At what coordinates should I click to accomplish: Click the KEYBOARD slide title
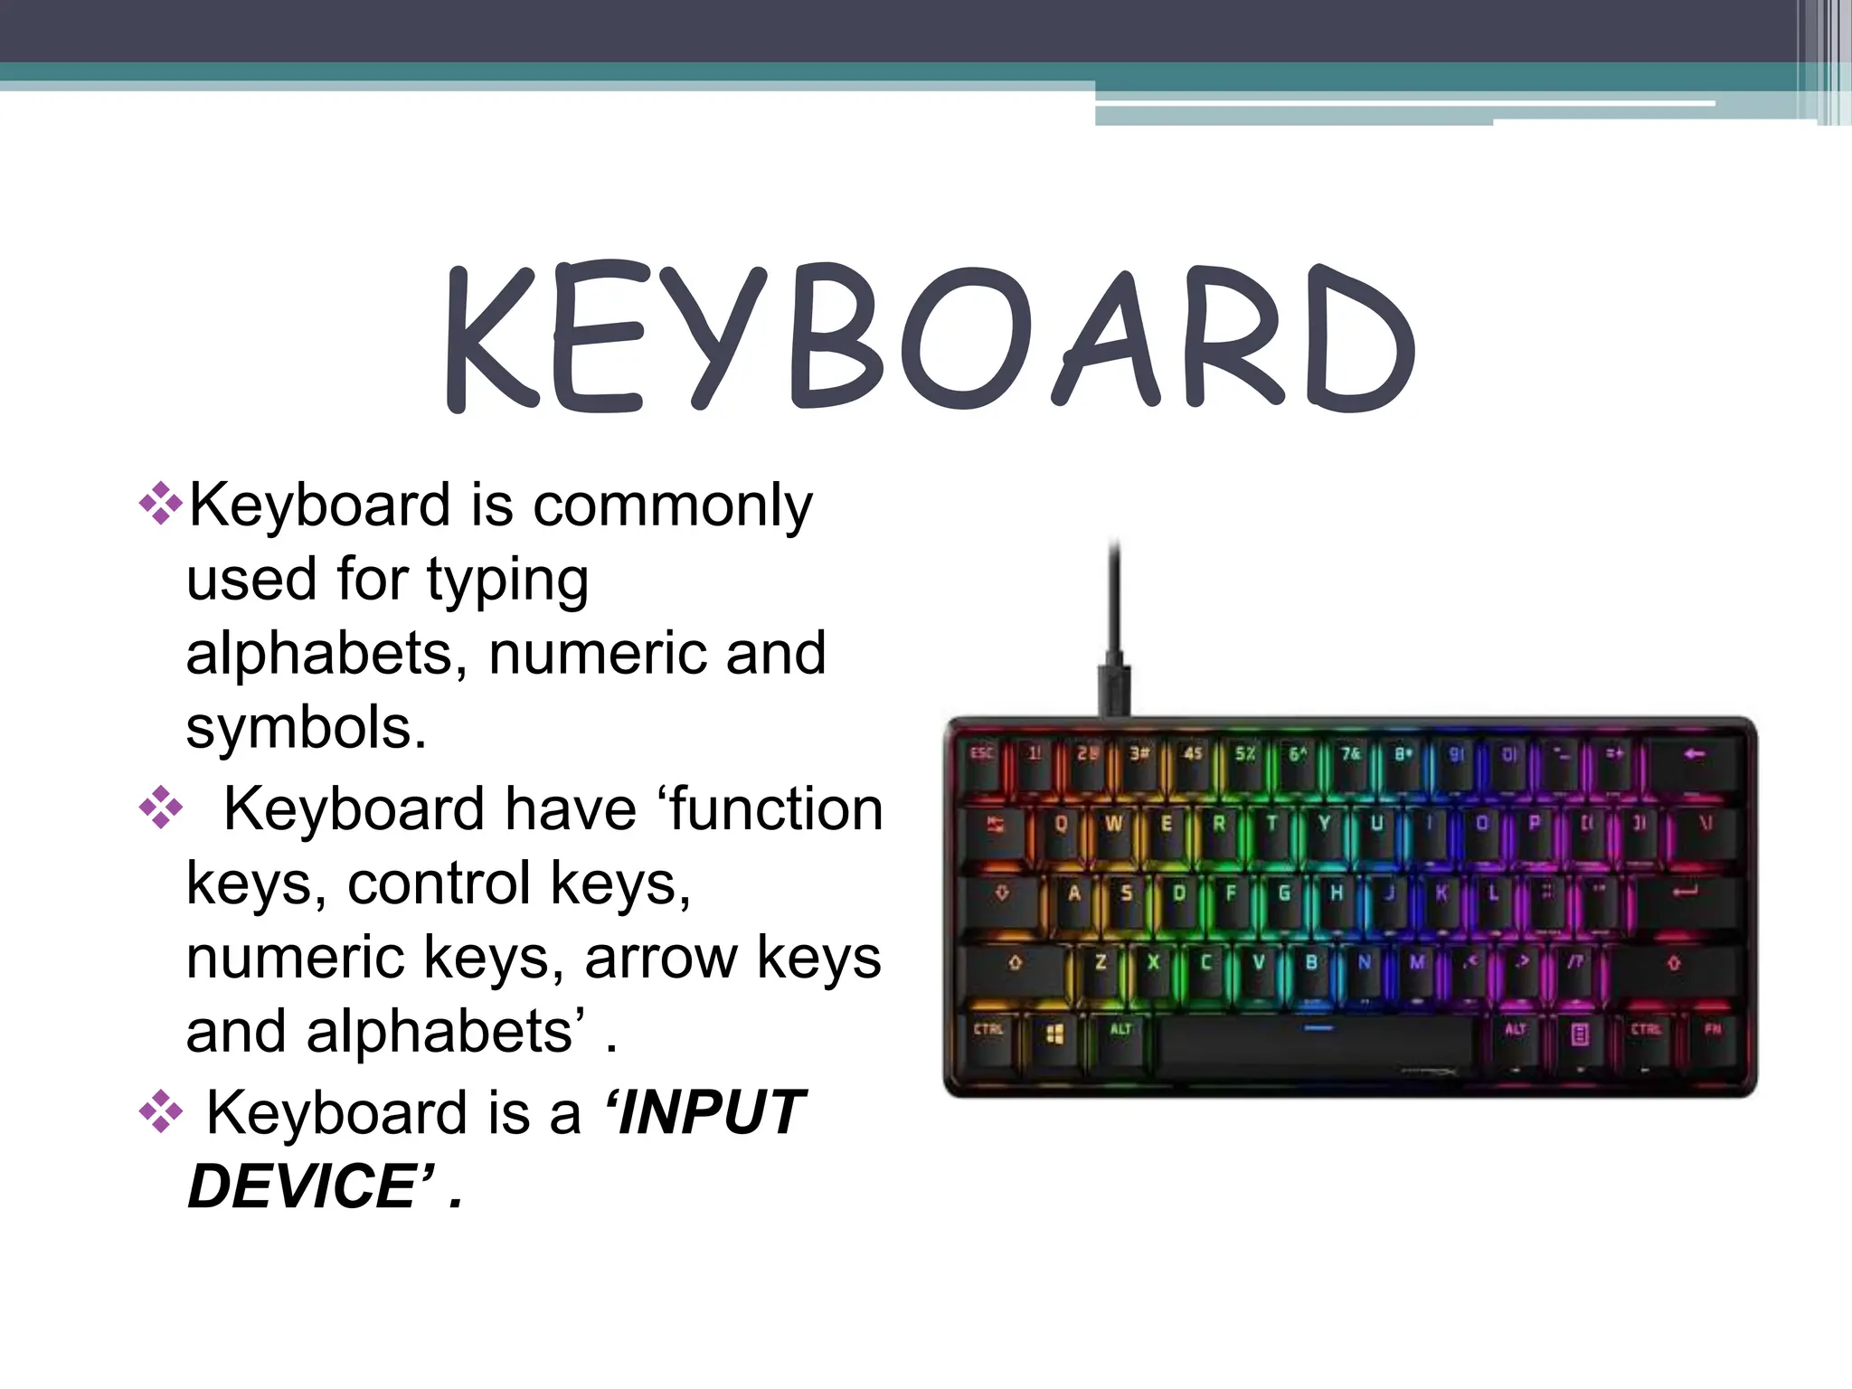pyautogui.click(x=930, y=336)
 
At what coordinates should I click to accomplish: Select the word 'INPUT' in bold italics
pyautogui.click(x=705, y=1112)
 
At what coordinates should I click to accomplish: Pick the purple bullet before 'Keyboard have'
pyautogui.click(x=161, y=808)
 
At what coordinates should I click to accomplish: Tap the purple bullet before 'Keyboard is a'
pyautogui.click(x=161, y=1111)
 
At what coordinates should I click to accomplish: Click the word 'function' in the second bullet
pyautogui.click(x=776, y=808)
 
